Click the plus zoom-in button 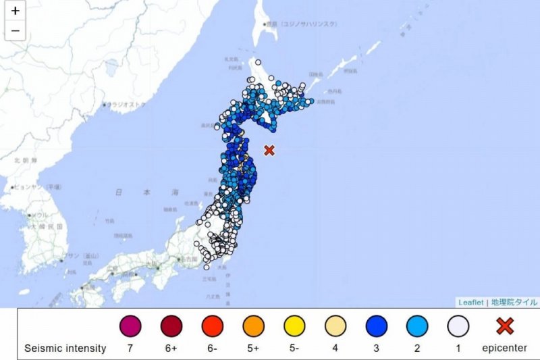pyautogui.click(x=16, y=11)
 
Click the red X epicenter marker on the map pyautogui.click(x=269, y=150)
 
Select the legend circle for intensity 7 pyautogui.click(x=130, y=327)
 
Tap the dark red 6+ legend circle pyautogui.click(x=171, y=327)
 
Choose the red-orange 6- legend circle pyautogui.click(x=212, y=327)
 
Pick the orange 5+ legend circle pyautogui.click(x=253, y=327)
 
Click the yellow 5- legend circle pyautogui.click(x=294, y=327)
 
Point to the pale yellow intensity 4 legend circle pyautogui.click(x=335, y=327)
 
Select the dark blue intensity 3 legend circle pyautogui.click(x=377, y=327)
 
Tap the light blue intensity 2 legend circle pyautogui.click(x=417, y=327)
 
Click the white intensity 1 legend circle pyautogui.click(x=458, y=327)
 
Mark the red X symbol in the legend pyautogui.click(x=504, y=327)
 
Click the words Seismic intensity pyautogui.click(x=65, y=349)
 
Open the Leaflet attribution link pyautogui.click(x=471, y=303)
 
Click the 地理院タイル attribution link pyautogui.click(x=514, y=303)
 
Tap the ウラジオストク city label pyautogui.click(x=125, y=105)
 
